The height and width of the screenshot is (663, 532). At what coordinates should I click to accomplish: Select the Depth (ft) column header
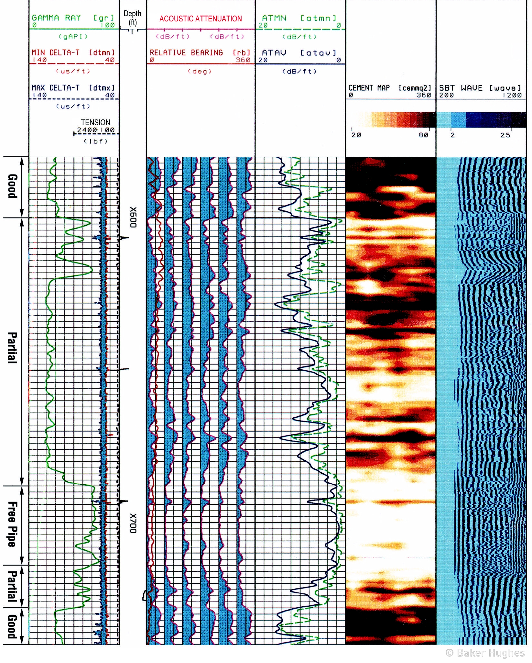133,18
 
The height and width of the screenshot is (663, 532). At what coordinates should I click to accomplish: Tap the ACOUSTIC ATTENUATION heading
201,19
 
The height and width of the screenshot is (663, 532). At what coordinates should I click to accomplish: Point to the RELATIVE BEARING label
186,53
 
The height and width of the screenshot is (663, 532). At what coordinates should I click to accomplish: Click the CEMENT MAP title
369,88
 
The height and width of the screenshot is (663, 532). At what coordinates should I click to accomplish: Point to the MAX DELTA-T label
56,88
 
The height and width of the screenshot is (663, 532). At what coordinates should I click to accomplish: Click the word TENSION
95,122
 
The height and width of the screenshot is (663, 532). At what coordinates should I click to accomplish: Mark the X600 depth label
133,217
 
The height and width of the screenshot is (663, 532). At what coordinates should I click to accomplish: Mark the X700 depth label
133,523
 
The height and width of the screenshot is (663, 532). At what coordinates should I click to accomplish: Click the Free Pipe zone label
12,524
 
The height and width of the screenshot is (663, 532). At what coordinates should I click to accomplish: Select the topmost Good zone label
12,186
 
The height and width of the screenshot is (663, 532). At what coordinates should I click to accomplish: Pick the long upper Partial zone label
12,348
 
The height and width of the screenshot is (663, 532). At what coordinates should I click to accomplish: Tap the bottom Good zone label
12,626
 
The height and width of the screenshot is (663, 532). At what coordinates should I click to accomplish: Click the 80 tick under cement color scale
423,135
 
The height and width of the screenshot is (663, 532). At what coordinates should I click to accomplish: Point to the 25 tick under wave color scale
505,135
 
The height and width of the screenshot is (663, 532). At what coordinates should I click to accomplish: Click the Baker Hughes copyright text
485,653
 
